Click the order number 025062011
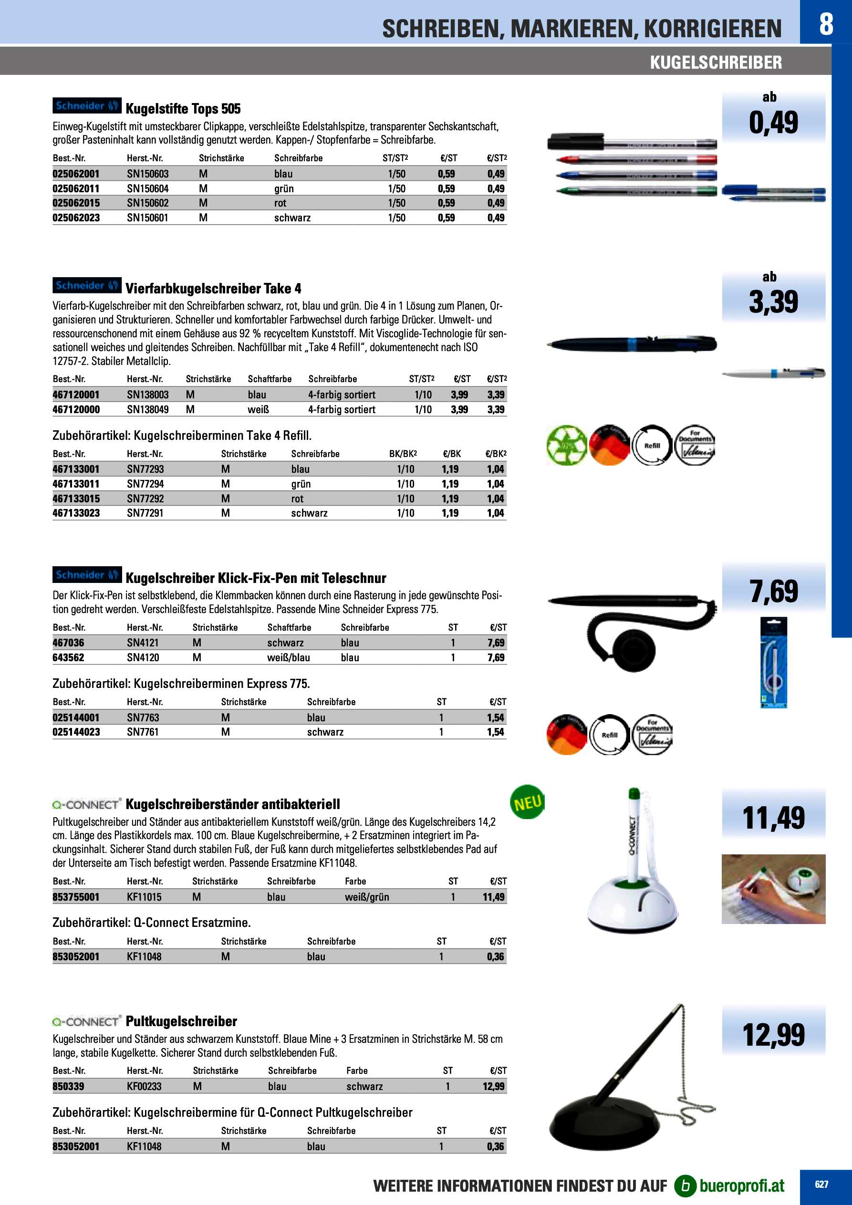75,188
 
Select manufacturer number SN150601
147,218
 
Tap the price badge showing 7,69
773,592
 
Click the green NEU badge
527,802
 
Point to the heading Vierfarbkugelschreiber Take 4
213,288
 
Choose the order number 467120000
75,409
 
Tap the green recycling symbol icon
566,445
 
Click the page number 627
821,1184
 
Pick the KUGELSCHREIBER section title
716,62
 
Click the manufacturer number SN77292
145,499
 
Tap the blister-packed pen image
773,662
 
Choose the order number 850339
68,1086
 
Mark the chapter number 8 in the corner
826,24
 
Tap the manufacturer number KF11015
144,897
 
